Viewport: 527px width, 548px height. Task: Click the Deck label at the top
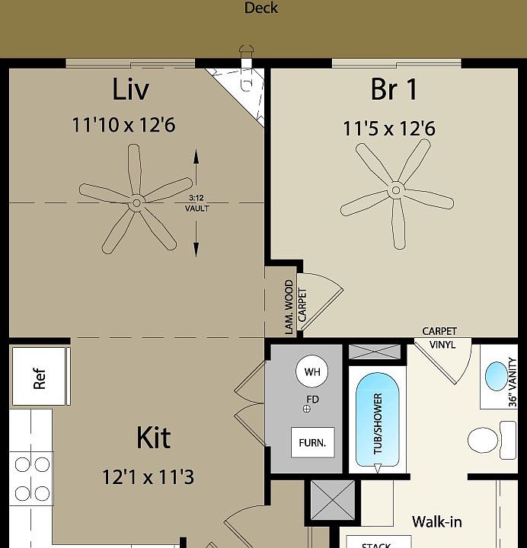tap(261, 8)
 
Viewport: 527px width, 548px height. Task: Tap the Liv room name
tap(130, 89)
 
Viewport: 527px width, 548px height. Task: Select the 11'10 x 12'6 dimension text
tap(123, 124)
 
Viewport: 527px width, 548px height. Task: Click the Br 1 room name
tap(394, 89)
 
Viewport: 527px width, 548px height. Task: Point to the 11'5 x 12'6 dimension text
tap(388, 129)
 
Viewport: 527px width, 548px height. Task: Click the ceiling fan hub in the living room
tap(136, 202)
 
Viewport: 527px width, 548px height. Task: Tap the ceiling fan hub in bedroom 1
tap(395, 190)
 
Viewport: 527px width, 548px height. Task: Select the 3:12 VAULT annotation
tap(196, 203)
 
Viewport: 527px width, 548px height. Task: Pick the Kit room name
tap(153, 438)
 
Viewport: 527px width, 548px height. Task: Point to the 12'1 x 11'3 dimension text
tap(148, 477)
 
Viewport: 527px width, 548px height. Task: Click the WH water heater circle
tap(312, 372)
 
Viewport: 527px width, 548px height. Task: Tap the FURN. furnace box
tap(312, 442)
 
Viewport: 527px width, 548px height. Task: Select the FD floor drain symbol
tap(308, 409)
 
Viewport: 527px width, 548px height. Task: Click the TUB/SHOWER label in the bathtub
tap(378, 424)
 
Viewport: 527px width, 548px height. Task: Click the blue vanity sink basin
tap(495, 377)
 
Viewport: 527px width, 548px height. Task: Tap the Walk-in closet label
tap(436, 522)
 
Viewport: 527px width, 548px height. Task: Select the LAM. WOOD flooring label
tap(289, 307)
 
